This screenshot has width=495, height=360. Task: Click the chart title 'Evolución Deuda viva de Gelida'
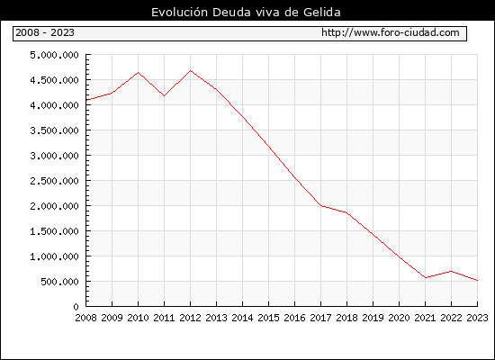[246, 13]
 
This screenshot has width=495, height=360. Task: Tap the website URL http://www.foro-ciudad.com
[391, 32]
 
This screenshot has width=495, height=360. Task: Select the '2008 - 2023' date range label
[45, 32]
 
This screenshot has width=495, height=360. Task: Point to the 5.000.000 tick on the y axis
[54, 55]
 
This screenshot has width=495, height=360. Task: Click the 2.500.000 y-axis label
[54, 181]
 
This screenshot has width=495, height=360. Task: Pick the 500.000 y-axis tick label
[59, 282]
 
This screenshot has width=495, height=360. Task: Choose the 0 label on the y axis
[76, 307]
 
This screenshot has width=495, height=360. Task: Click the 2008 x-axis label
[85, 318]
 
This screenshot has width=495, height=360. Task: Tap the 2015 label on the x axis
[269, 318]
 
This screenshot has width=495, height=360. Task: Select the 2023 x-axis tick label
[477, 318]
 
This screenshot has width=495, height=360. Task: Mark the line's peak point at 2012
[191, 71]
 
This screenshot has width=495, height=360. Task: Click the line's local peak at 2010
[138, 73]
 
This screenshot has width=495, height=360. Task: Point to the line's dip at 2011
[164, 95]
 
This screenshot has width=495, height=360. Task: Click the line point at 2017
[321, 205]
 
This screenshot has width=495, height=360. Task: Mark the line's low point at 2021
[425, 278]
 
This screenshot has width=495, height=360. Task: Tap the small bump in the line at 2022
[452, 271]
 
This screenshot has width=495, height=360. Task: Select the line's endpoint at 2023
[477, 281]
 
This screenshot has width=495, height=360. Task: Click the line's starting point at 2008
[86, 100]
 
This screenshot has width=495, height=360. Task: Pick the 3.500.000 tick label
[54, 130]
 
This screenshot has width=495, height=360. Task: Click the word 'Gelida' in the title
[322, 13]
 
